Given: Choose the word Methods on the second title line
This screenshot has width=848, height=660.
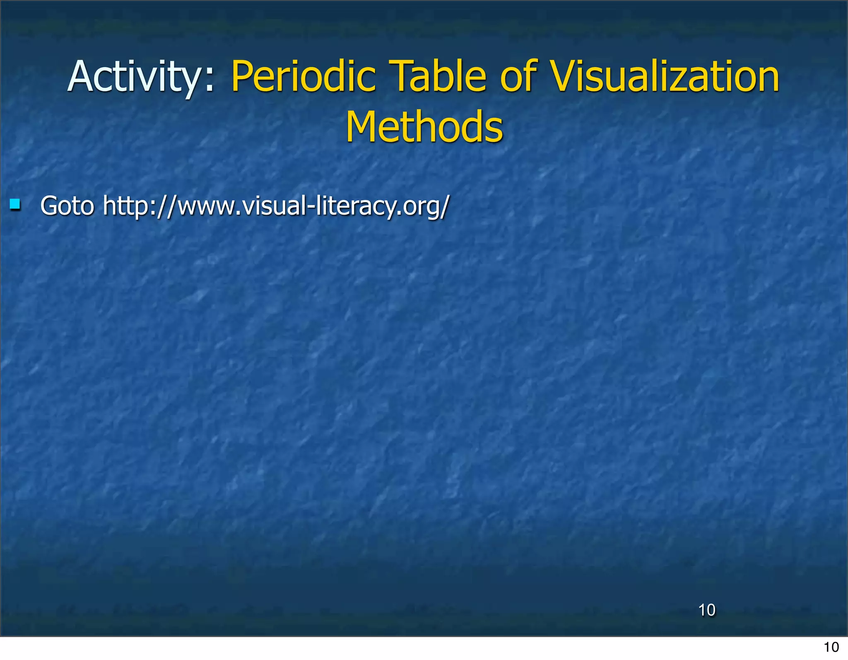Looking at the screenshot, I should [x=424, y=127].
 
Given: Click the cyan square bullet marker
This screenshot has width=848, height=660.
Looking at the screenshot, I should [x=15, y=204].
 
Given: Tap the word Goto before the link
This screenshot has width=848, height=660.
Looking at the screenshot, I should [x=67, y=205].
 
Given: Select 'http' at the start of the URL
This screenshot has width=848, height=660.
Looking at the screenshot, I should [x=125, y=205].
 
